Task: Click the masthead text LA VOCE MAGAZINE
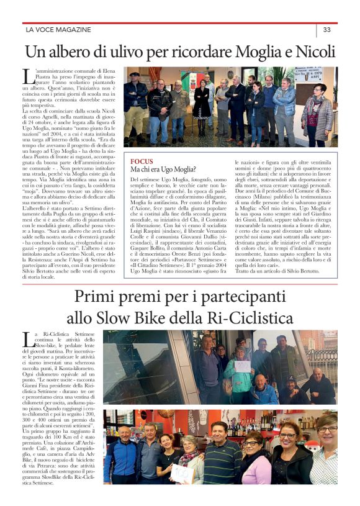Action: click(58, 29)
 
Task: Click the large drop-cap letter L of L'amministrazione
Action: click(28, 77)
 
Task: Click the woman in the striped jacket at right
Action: click(318, 115)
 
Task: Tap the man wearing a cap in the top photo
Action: click(135, 99)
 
